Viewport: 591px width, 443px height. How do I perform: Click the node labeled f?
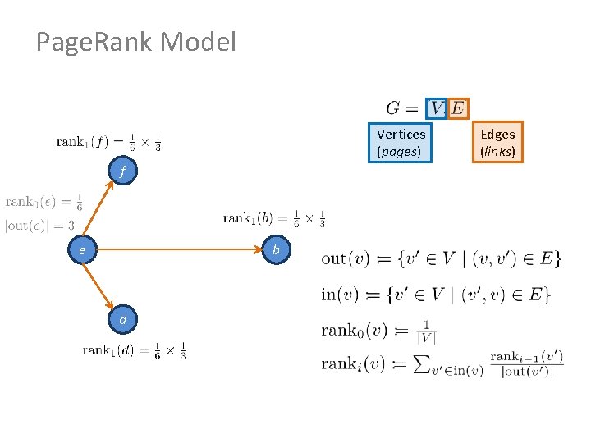122,172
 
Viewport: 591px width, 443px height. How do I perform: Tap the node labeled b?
277,249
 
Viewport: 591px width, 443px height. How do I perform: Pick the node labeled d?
122,318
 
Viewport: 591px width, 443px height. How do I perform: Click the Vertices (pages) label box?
401,142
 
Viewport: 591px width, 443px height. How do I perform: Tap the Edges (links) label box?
497,142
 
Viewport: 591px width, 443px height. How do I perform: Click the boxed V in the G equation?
437,108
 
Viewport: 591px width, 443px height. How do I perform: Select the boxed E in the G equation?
457,108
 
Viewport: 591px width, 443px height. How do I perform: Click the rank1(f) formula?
108,142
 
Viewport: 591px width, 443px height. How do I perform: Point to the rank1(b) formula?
274,218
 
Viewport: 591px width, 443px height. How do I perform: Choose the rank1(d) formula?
135,350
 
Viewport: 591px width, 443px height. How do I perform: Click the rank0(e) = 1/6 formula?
44,202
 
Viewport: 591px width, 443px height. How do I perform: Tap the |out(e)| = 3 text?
39,226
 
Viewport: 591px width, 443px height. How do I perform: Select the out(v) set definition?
441,258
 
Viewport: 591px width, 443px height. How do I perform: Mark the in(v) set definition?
436,295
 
